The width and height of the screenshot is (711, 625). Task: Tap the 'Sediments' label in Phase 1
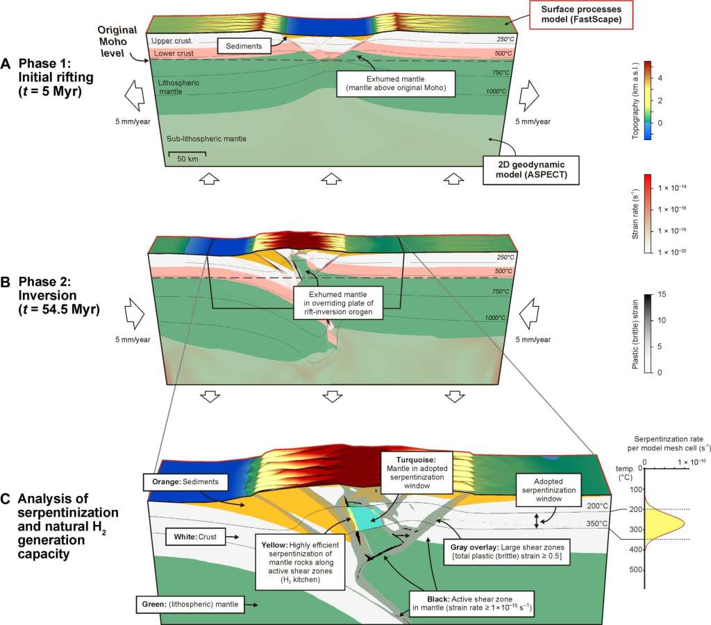click(x=242, y=46)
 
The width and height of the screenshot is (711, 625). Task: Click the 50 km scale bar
click(x=186, y=152)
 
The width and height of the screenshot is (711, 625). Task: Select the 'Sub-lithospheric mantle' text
click(x=206, y=139)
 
